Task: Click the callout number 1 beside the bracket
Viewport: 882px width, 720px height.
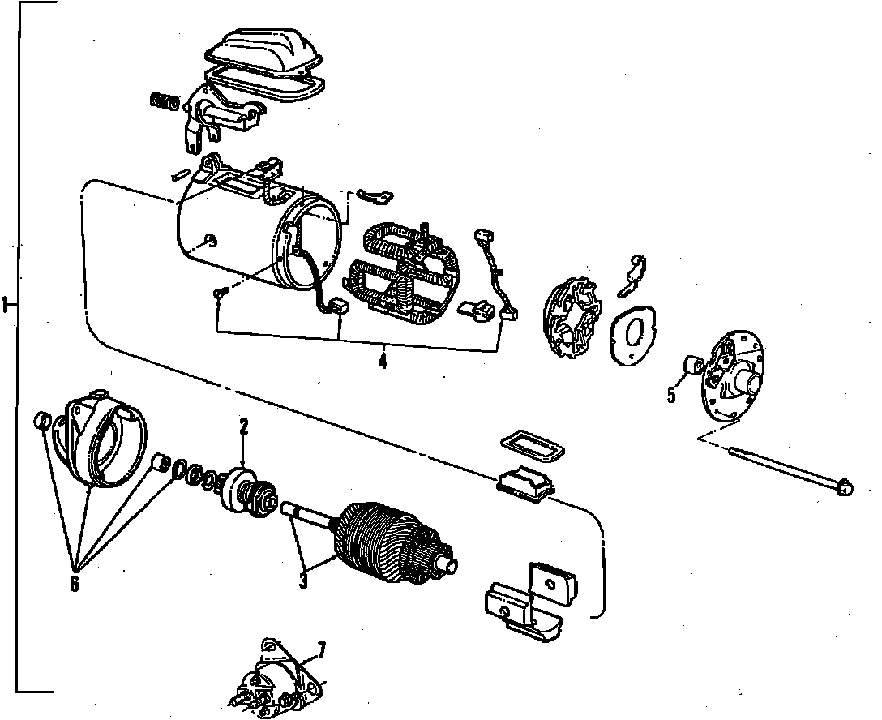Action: (6, 305)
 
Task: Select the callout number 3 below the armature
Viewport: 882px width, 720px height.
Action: (302, 581)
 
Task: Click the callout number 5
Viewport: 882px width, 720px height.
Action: (671, 395)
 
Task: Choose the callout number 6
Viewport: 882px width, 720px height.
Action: (75, 582)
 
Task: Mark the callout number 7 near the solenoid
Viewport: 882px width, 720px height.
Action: (321, 649)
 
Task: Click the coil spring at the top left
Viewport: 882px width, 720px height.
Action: (164, 101)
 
